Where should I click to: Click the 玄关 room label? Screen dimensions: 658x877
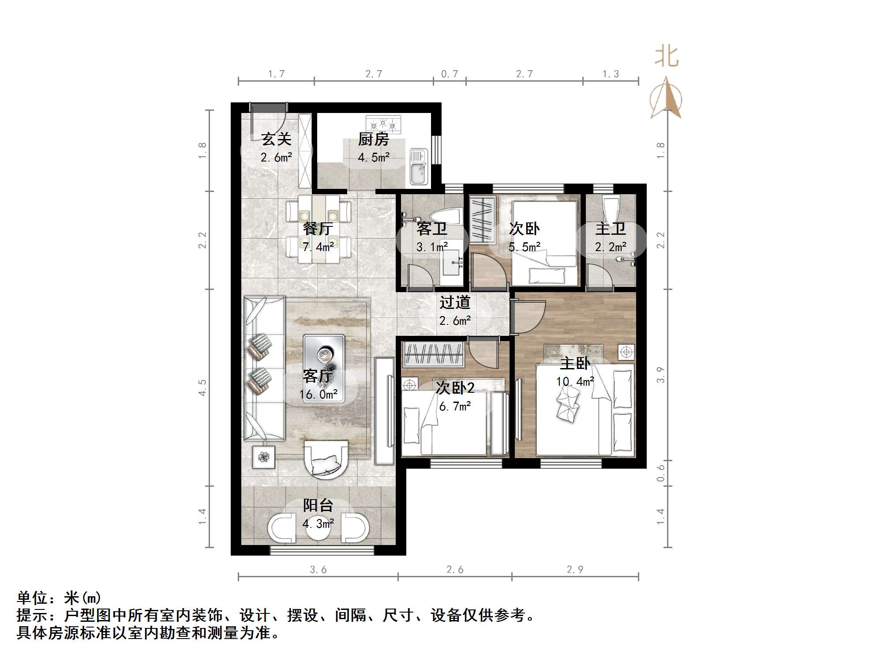[276, 139]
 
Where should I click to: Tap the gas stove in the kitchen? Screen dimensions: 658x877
[383, 124]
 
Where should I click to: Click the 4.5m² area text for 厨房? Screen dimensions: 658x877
[373, 158]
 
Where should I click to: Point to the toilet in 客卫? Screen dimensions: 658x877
[446, 217]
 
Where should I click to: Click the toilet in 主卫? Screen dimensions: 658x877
[611, 211]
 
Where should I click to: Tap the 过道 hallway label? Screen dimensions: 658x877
[455, 303]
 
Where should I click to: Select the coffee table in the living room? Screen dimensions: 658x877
[324, 356]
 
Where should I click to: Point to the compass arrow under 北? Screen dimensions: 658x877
[667, 98]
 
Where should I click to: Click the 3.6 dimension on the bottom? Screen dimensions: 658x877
[318, 570]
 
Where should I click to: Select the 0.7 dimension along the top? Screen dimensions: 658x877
[450, 74]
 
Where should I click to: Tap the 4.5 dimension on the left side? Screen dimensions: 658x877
[202, 387]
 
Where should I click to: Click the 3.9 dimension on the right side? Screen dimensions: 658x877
[660, 375]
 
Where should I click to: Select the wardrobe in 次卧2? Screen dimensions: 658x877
[433, 354]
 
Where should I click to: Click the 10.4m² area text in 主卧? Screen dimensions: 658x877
[575, 382]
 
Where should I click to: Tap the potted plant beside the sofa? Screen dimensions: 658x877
[263, 457]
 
